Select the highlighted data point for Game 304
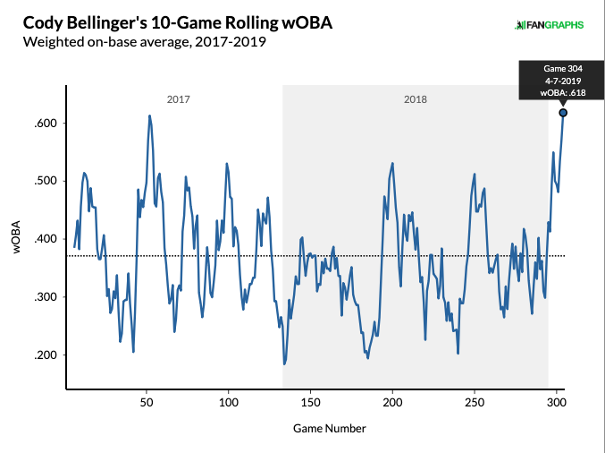click(x=563, y=113)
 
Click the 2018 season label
click(x=416, y=98)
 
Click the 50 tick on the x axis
click(x=147, y=403)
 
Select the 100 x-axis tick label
click(x=229, y=403)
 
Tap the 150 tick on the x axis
click(x=310, y=403)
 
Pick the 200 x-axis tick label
click(x=392, y=403)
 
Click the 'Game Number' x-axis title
click(x=329, y=429)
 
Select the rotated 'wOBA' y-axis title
click(x=18, y=240)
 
